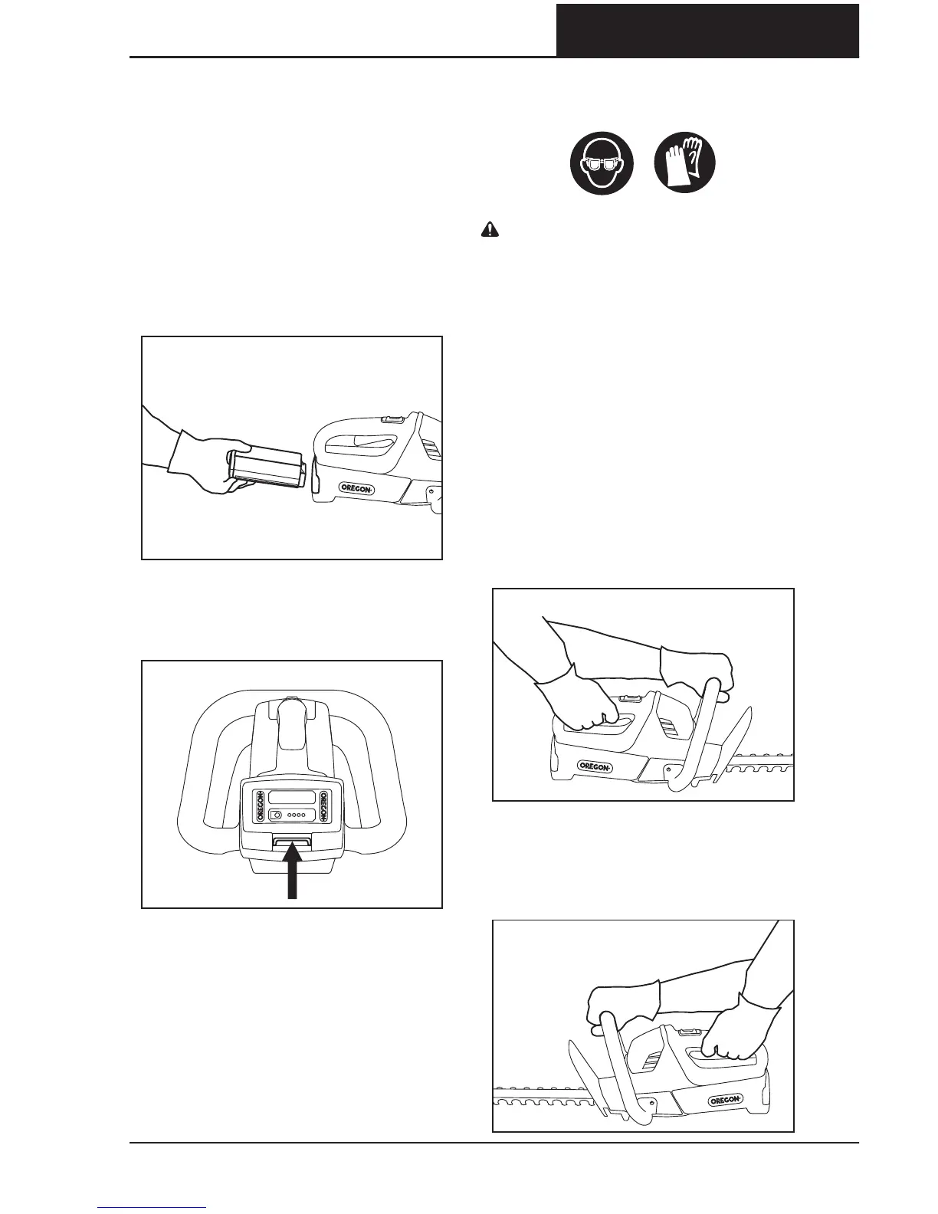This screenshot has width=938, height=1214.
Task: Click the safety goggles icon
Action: point(602,163)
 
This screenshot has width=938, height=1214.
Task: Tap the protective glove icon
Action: point(685,163)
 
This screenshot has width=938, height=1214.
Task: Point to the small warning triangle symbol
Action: point(488,228)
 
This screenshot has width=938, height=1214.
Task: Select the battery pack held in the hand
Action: point(269,468)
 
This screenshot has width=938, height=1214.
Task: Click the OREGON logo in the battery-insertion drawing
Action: point(358,487)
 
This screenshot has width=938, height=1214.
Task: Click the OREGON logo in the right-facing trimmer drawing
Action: point(595,766)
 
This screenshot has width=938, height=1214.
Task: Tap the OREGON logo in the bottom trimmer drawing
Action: point(723,1100)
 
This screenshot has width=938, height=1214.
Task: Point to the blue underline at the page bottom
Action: point(152,1209)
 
